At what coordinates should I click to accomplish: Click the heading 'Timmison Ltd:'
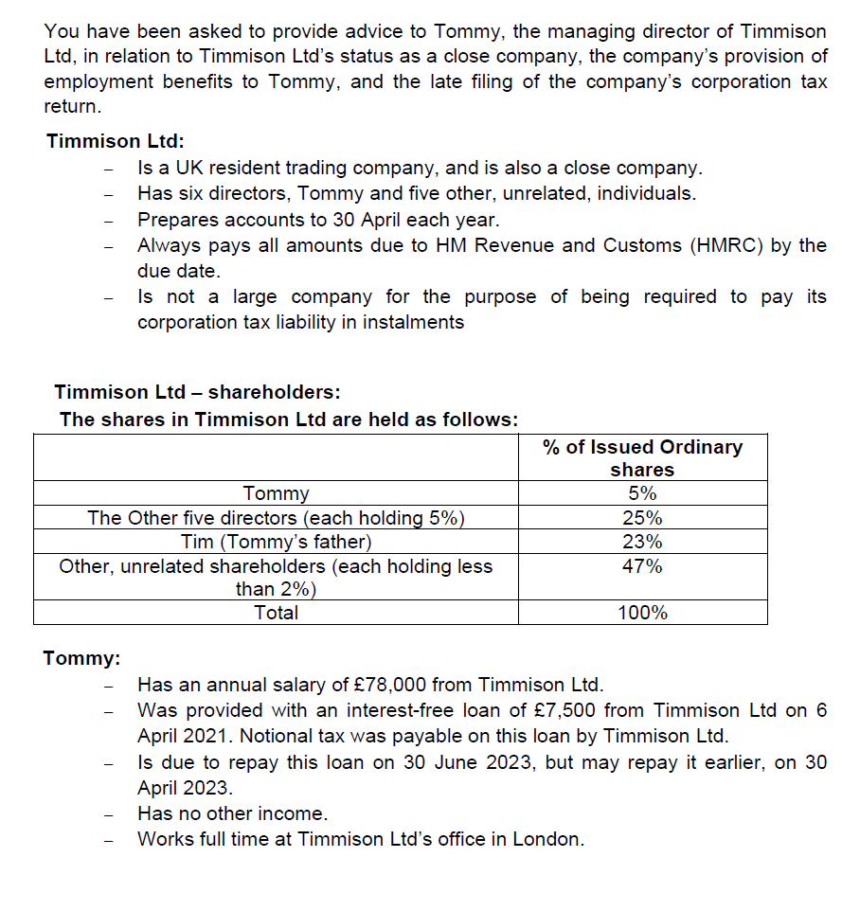tap(115, 141)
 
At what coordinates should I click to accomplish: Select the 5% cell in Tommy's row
tap(642, 493)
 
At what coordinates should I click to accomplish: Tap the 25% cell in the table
tap(642, 518)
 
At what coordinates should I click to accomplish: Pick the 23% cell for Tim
tap(642, 543)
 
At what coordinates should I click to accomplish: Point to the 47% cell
tap(642, 566)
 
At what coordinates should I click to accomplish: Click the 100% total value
tap(642, 613)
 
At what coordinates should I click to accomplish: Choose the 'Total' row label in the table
tap(276, 613)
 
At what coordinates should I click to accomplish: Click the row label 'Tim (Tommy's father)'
tap(276, 543)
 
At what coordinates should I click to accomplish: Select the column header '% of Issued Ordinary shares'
tap(642, 458)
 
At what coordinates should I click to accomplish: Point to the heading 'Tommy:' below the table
tap(81, 658)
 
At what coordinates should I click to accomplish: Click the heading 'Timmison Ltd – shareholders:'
tap(197, 392)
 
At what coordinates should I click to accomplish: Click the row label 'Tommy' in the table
tap(276, 493)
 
